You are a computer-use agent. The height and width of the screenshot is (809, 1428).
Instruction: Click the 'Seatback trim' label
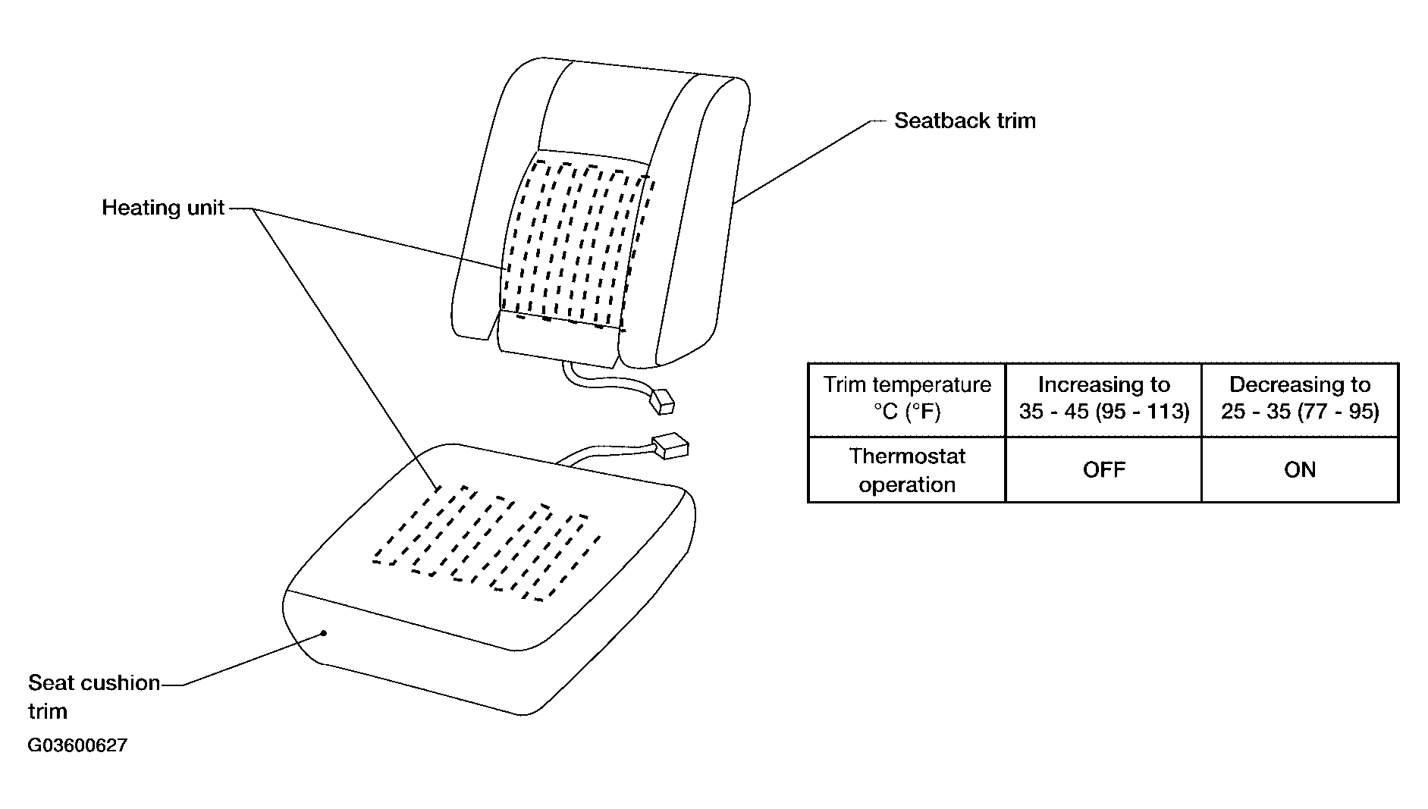click(965, 121)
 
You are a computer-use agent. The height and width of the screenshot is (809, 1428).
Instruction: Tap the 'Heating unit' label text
click(163, 208)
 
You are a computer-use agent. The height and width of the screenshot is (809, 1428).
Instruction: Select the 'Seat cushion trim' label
click(94, 697)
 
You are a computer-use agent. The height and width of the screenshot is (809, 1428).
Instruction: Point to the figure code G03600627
click(77, 745)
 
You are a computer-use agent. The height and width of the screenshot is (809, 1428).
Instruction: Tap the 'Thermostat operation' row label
click(907, 470)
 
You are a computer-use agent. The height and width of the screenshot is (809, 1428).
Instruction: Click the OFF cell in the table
click(1104, 470)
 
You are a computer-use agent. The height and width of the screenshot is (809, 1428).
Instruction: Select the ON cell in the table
click(1300, 470)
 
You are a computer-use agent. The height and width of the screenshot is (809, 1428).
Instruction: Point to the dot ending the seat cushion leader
click(324, 632)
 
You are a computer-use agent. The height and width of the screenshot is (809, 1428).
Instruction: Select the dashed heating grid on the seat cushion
click(487, 543)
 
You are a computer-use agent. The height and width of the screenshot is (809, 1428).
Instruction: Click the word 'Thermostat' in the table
click(907, 456)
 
